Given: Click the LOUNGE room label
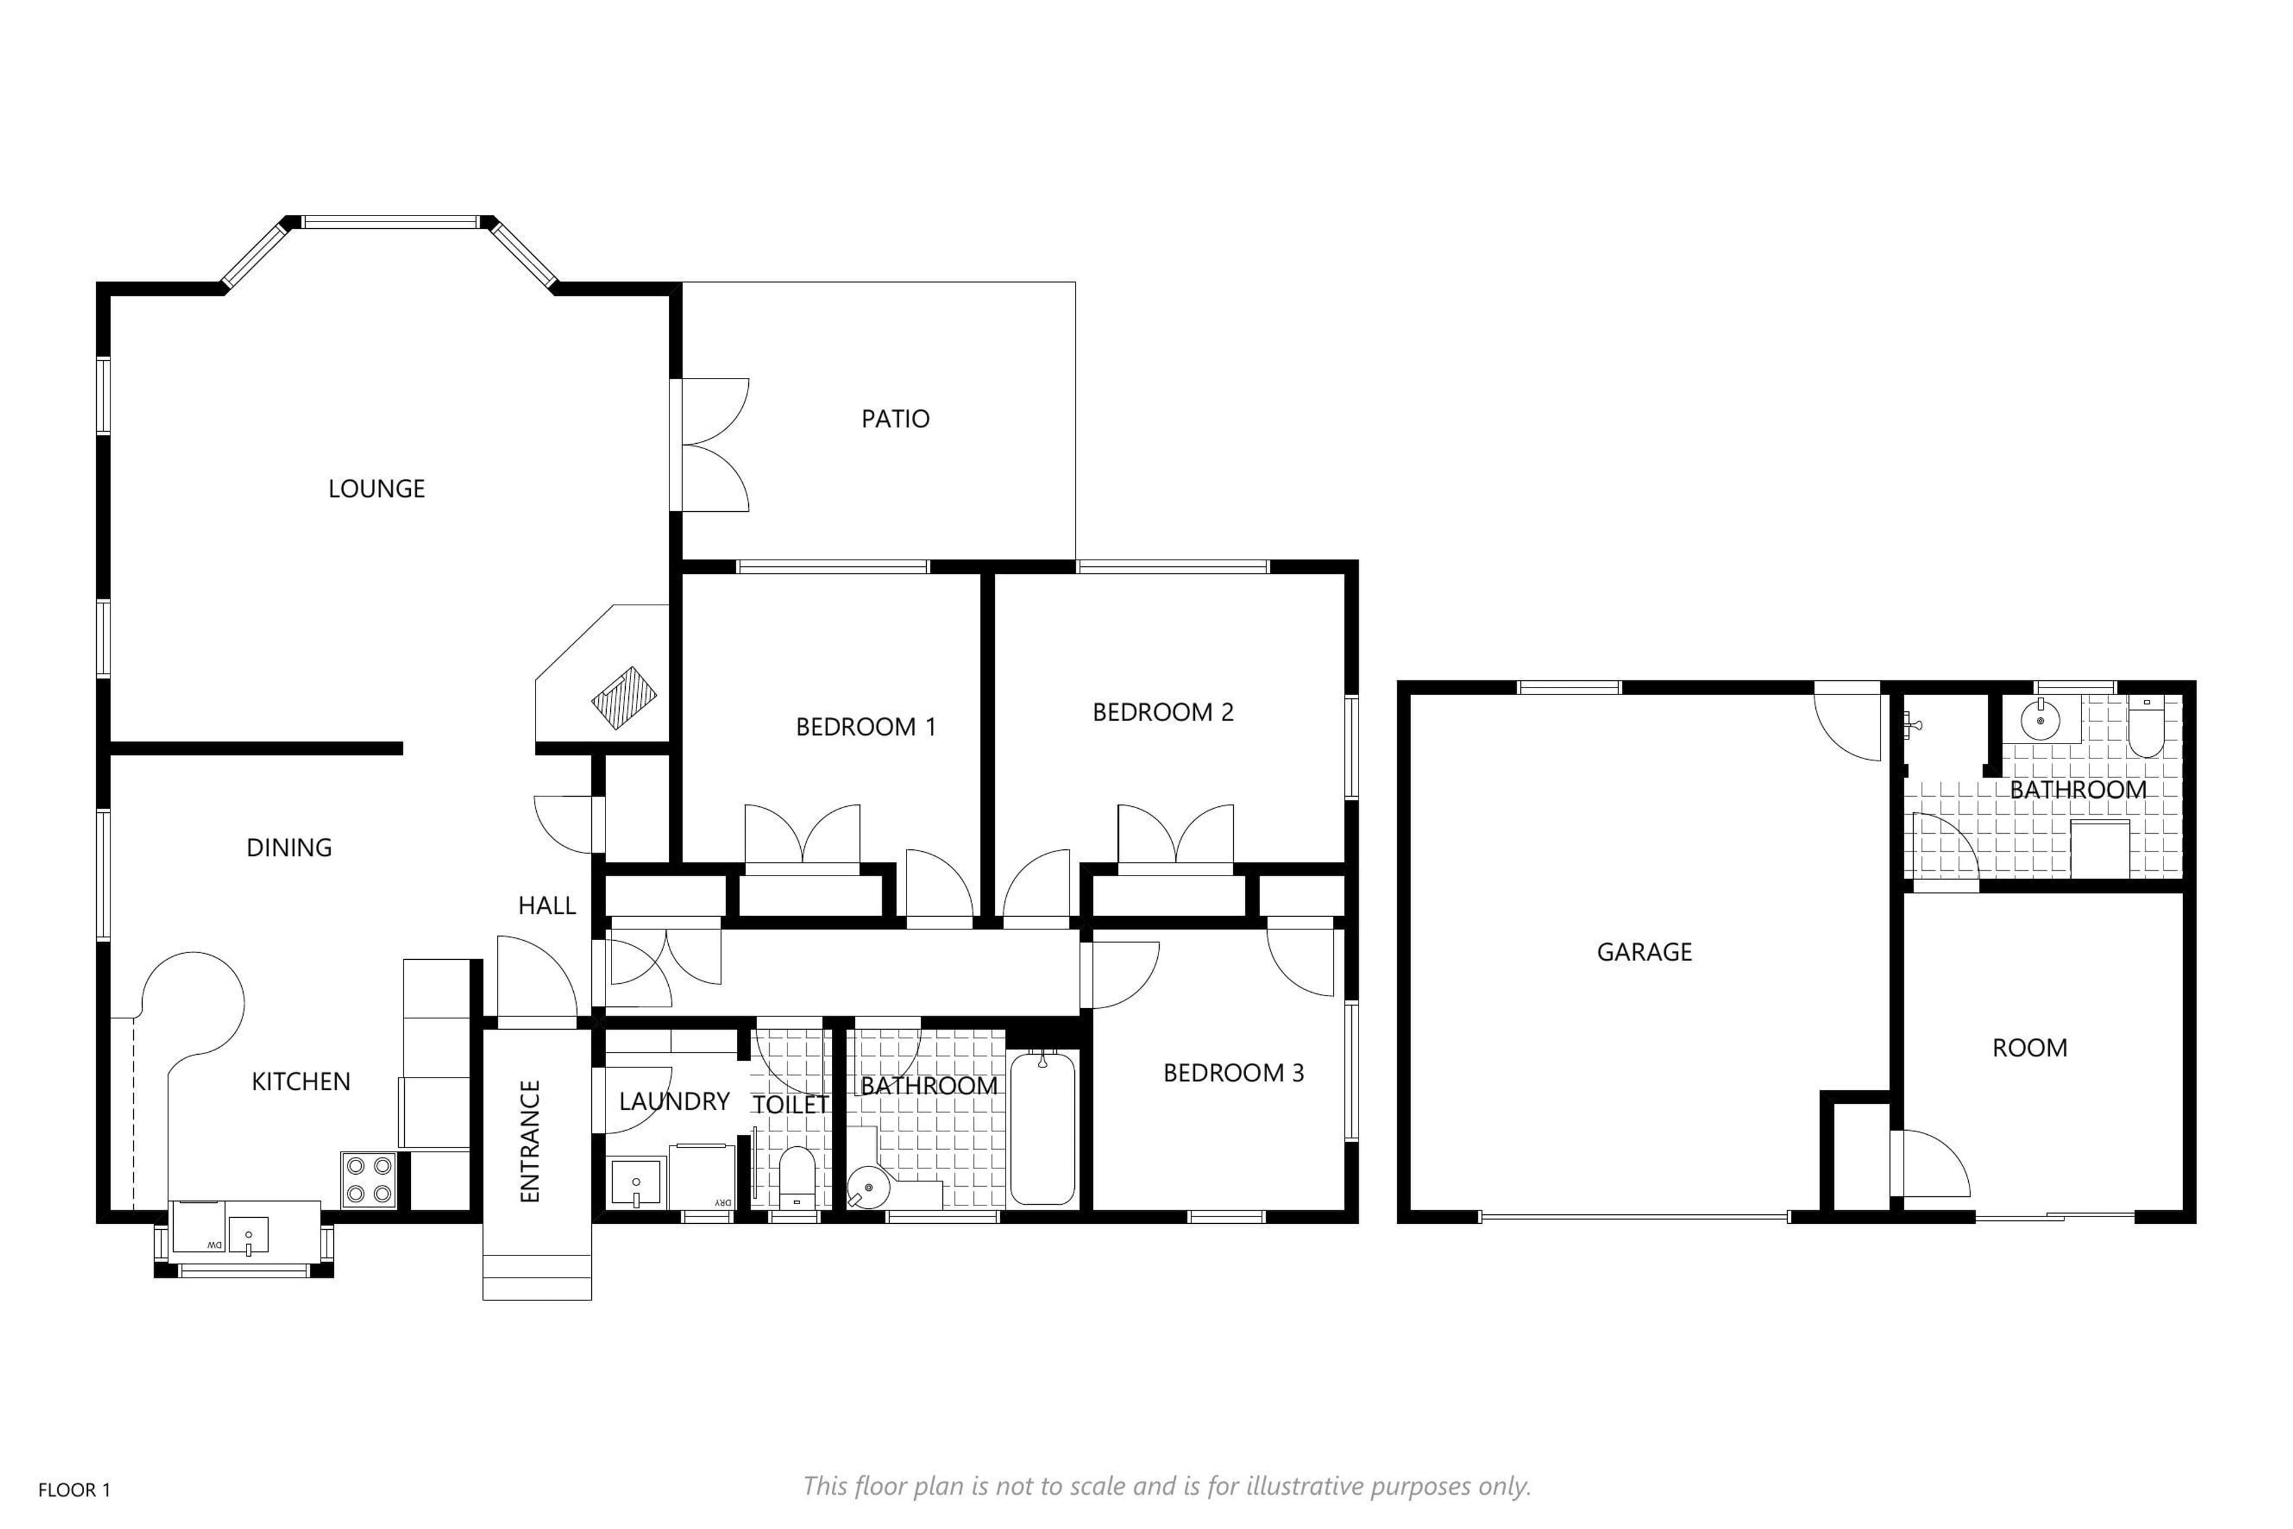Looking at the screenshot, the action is pyautogui.click(x=376, y=489).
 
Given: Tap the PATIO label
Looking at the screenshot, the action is pyautogui.click(x=895, y=418).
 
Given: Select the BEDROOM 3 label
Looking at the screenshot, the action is pyautogui.click(x=1233, y=1073).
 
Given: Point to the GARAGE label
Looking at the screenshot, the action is pyautogui.click(x=1644, y=951).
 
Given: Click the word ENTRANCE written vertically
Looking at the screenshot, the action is pyautogui.click(x=530, y=1141).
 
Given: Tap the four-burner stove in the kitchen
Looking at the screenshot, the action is pyautogui.click(x=368, y=1180).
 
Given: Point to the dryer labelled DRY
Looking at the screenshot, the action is pyautogui.click(x=702, y=1177).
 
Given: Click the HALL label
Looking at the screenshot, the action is pyautogui.click(x=547, y=906).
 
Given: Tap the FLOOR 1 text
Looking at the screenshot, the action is pyautogui.click(x=74, y=1490).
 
